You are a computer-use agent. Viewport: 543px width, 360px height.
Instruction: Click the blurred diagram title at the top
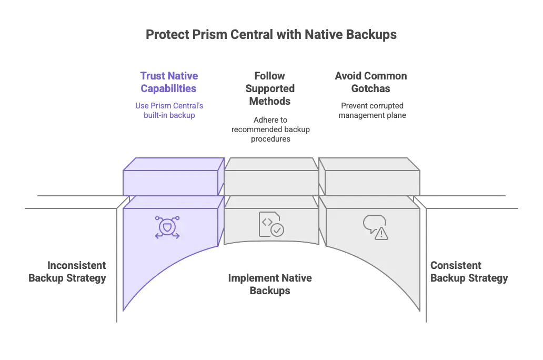(271, 35)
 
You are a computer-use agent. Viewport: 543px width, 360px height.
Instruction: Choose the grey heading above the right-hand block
(370, 82)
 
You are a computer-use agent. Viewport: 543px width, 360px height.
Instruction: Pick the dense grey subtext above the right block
(371, 111)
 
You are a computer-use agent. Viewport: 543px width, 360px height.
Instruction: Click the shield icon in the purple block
(167, 227)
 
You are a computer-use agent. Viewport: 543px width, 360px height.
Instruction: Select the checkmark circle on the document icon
(276, 229)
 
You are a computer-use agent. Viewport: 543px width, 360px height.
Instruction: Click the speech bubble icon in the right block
(374, 223)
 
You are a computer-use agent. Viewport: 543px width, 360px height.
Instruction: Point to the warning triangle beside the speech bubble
(381, 234)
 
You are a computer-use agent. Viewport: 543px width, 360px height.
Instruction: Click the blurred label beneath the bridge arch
(271, 283)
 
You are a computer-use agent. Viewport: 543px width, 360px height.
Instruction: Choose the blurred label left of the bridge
(67, 271)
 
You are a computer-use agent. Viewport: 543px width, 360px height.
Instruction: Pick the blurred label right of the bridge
(468, 271)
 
